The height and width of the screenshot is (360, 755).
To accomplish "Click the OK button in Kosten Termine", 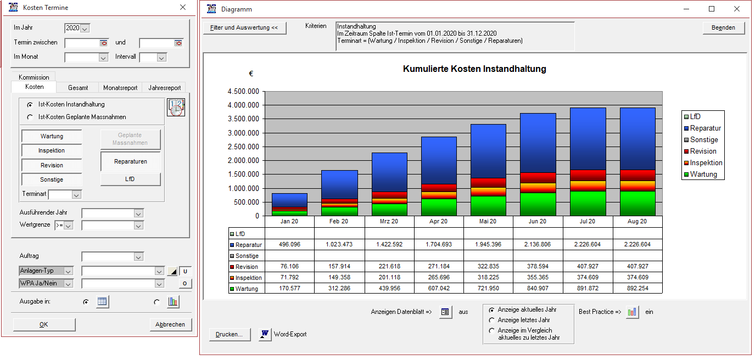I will [x=44, y=324].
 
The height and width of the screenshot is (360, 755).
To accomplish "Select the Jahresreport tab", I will [x=164, y=88].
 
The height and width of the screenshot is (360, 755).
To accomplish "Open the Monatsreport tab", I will [x=120, y=88].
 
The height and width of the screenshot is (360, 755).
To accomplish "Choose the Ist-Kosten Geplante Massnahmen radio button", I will [x=30, y=117].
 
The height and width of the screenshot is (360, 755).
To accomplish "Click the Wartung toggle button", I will [x=52, y=136].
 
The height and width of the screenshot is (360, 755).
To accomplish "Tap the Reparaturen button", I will [x=130, y=161].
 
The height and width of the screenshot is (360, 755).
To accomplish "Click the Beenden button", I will [x=723, y=28].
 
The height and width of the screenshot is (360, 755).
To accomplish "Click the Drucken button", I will [x=229, y=334].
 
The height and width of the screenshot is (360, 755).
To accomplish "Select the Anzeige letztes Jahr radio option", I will [x=491, y=320].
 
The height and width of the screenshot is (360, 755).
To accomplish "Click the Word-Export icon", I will [x=265, y=334].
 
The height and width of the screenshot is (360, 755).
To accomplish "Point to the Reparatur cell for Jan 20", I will [x=289, y=245].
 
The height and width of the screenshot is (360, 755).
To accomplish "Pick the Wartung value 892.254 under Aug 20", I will [x=637, y=289].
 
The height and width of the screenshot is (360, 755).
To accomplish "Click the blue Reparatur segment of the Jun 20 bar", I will [x=538, y=143].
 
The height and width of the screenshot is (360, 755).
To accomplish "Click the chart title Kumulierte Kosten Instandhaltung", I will [x=474, y=69].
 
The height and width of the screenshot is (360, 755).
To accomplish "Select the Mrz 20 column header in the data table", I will [x=389, y=222].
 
